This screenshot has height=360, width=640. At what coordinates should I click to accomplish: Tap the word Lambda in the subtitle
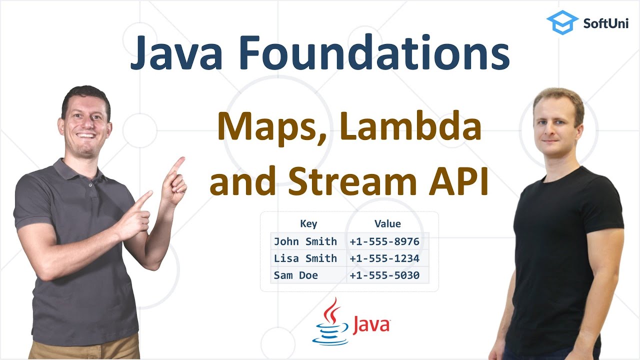tap(410, 128)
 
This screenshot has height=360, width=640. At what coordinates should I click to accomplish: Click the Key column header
tap(308, 224)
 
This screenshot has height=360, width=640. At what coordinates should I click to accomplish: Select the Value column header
tap(387, 224)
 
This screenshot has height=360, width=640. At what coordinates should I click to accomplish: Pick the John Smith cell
tap(305, 241)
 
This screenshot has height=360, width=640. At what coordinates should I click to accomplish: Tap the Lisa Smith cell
tap(305, 258)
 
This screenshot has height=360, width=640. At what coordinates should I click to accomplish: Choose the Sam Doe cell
tap(296, 275)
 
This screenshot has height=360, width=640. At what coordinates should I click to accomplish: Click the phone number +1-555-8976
tap(384, 241)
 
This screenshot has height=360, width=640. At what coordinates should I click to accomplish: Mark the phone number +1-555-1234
tap(384, 258)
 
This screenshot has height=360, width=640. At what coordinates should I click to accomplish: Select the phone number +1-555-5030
tap(384, 275)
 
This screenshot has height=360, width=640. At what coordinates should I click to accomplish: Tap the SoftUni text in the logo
tap(606, 23)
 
